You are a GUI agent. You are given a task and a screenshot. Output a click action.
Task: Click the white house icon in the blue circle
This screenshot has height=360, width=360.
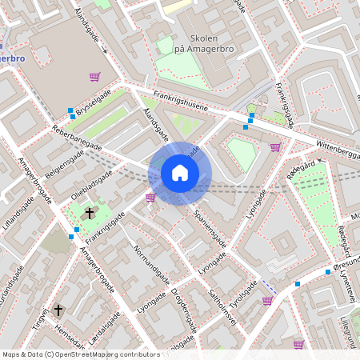(x=180, y=172)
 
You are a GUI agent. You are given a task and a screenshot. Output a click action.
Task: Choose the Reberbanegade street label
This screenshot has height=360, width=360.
(x=77, y=139)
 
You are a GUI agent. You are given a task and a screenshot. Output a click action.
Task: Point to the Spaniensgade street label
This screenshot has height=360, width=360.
(x=210, y=228)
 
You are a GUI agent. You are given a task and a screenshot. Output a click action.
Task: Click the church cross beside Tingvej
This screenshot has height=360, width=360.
(x=58, y=309)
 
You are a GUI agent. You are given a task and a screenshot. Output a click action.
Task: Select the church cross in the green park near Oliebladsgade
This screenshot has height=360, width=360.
(x=90, y=213)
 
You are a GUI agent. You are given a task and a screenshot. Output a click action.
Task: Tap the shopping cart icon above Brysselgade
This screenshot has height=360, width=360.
(x=94, y=77)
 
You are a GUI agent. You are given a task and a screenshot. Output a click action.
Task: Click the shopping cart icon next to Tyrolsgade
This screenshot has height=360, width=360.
(x=267, y=301)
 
